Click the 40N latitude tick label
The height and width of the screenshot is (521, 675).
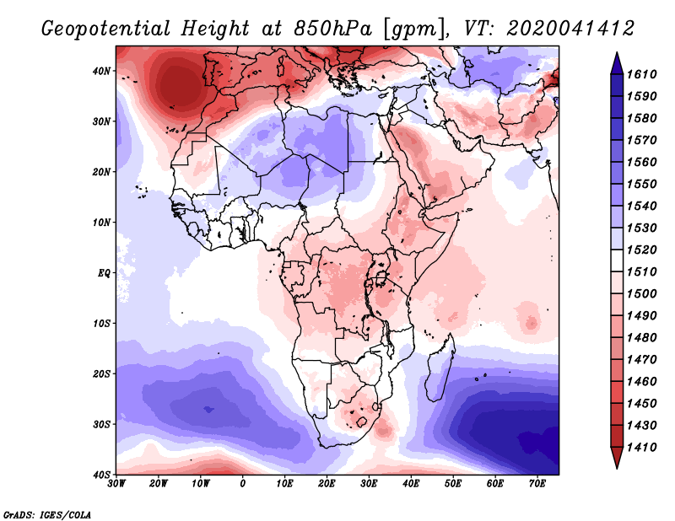[x=101, y=71]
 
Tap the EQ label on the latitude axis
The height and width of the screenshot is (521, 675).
[x=104, y=273]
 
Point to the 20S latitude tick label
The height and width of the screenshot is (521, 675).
[x=101, y=373]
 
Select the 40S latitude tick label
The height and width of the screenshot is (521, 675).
[x=101, y=475]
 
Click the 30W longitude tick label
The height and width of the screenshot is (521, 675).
[x=116, y=484]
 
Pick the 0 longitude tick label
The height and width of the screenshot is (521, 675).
[x=243, y=484]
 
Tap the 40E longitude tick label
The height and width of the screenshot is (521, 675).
[x=411, y=484]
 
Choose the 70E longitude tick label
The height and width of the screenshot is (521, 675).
[x=537, y=484]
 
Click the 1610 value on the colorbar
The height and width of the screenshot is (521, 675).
[x=641, y=74]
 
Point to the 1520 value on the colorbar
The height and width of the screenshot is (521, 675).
[x=641, y=250]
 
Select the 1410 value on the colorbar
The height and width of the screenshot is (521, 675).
[x=641, y=448]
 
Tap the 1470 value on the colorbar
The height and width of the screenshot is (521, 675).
[x=641, y=360]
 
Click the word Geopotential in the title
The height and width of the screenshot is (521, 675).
[x=106, y=29]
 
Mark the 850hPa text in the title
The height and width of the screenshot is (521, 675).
[x=332, y=29]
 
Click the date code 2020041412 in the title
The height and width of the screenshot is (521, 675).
[x=570, y=29]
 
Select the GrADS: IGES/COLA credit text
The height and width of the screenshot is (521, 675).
[x=47, y=514]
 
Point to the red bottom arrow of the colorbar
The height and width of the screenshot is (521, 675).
[x=617, y=458]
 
